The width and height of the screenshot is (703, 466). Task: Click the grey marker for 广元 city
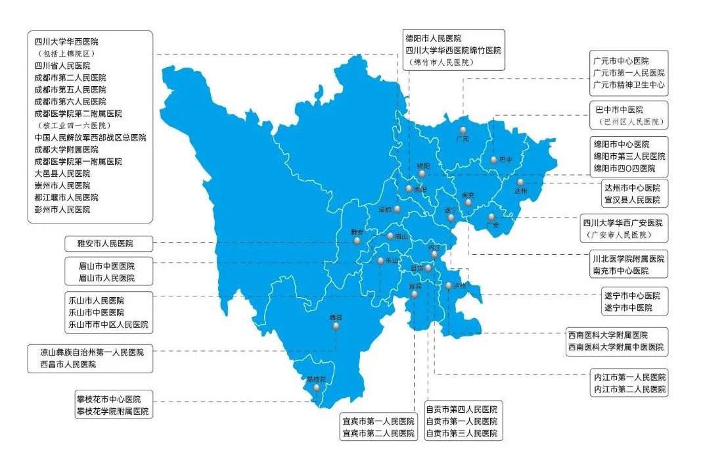pyautogui.click(x=463, y=130)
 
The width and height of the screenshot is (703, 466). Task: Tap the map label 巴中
pyautogui.click(x=505, y=160)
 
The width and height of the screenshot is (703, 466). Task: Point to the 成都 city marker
pyautogui.click(x=397, y=209)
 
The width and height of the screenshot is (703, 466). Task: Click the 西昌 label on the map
pyautogui.click(x=336, y=317)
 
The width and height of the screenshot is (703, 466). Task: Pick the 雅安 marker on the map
pyautogui.click(x=357, y=241)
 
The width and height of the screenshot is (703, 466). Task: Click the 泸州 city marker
pyautogui.click(x=448, y=285)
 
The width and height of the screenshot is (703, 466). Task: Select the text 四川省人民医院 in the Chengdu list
pyautogui.click(x=62, y=66)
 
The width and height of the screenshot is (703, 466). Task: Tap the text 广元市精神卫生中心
pyautogui.click(x=628, y=85)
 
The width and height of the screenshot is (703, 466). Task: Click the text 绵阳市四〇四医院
pyautogui.click(x=624, y=168)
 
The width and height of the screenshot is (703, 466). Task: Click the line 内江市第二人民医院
pyautogui.click(x=629, y=390)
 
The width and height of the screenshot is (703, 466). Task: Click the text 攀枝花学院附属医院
pyautogui.click(x=112, y=411)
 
